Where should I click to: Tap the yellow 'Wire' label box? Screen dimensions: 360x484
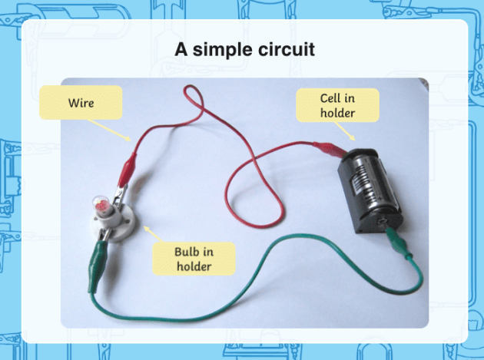81,102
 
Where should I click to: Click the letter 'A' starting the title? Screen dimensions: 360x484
181,51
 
